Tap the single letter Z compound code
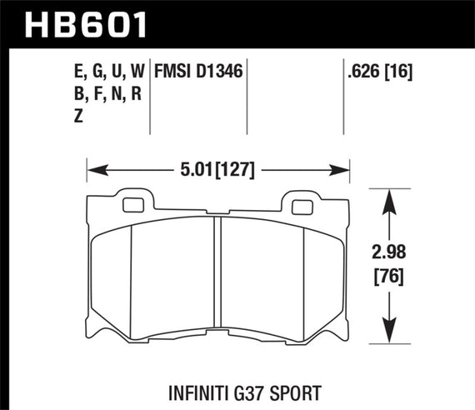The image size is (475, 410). [x=79, y=117]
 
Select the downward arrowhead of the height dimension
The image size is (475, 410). [x=389, y=332]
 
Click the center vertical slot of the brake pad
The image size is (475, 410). [x=217, y=275]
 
